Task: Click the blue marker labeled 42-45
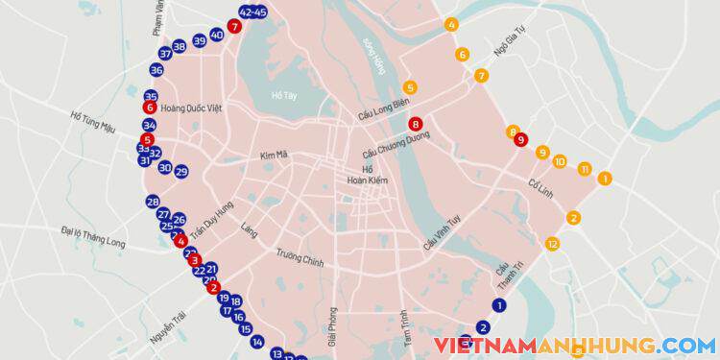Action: tap(253, 12)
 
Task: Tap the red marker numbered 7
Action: tap(234, 27)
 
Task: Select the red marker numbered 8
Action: tap(415, 124)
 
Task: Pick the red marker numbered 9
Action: tap(520, 139)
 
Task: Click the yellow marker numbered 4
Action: tap(452, 24)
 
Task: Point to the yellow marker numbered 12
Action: tap(552, 244)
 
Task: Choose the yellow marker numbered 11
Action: tap(585, 170)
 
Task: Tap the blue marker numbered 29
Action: tap(181, 171)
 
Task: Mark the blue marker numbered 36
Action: tap(156, 70)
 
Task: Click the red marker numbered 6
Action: tap(150, 108)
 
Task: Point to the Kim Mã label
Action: tap(275, 154)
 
